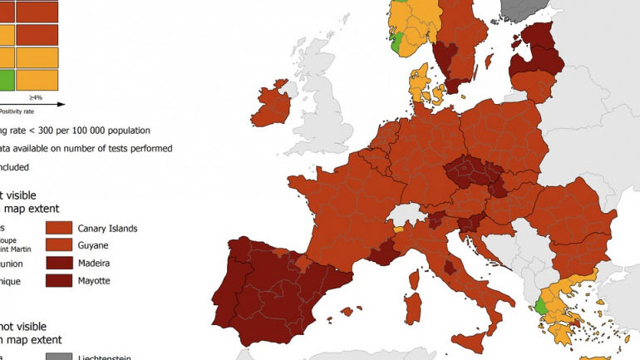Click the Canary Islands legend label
107,228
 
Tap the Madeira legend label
96,264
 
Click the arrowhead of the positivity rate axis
63,104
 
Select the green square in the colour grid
6,80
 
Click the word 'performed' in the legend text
150,148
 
